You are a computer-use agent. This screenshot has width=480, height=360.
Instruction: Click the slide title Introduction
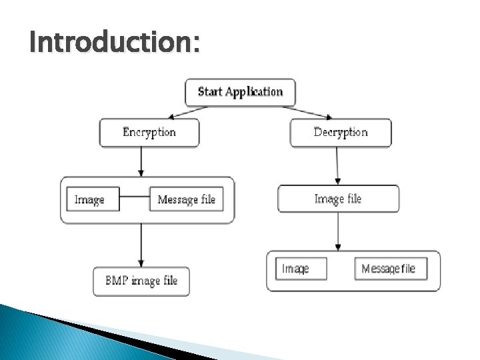114,44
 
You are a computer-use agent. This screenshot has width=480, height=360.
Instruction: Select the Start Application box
240,92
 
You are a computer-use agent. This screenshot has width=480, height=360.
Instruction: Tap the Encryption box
149,132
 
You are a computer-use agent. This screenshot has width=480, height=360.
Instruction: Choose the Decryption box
340,132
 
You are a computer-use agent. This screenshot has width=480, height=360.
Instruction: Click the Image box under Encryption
93,199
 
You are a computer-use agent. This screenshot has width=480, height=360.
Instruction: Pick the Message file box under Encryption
186,199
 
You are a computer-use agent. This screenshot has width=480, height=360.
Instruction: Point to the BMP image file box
141,281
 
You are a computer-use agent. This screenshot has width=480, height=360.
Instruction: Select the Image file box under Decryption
338,199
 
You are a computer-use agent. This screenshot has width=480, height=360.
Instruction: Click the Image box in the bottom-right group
301,269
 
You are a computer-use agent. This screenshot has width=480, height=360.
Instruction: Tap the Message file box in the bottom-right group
390,269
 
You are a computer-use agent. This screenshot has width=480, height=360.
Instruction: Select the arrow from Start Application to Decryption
309,112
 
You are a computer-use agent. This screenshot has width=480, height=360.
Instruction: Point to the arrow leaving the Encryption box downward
141,161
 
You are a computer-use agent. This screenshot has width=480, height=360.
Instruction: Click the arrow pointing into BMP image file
141,245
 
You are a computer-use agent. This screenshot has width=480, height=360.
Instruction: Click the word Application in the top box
255,92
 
